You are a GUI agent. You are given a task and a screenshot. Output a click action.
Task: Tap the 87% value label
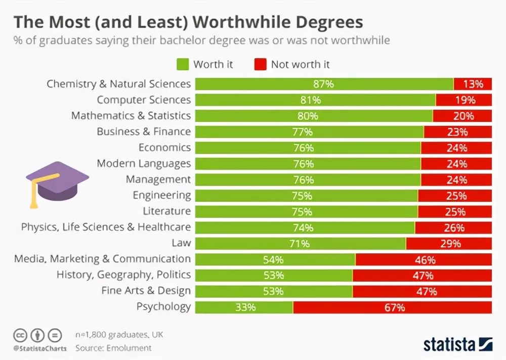[x=323, y=84]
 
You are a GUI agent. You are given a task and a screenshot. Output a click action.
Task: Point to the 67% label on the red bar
[x=395, y=307]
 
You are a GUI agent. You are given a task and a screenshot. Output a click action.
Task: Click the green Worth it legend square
[x=182, y=64]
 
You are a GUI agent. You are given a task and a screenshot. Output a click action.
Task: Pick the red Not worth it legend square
[x=260, y=64]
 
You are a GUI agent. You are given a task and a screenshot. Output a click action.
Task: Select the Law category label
[x=181, y=243]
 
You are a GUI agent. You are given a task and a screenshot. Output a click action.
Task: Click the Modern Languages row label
[x=144, y=163]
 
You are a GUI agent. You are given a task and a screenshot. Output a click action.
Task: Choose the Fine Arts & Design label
[x=146, y=291]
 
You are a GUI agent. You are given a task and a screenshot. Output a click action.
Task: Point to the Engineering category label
[x=162, y=195]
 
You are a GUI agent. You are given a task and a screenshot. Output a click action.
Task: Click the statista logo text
[x=449, y=344]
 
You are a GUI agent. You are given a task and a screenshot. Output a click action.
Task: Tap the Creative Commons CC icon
[x=19, y=335]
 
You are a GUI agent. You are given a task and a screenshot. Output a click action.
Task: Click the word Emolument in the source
[x=128, y=348]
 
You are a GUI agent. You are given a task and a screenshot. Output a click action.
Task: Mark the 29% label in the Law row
[x=450, y=243]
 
